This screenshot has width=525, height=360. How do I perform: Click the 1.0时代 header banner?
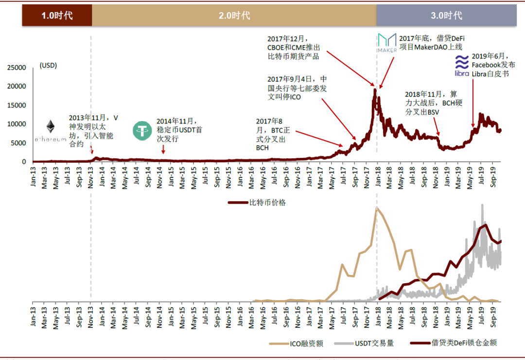57,16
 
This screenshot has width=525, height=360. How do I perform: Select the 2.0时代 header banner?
234,16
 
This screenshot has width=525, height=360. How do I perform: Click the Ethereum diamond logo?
51,127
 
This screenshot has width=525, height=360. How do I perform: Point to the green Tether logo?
143,131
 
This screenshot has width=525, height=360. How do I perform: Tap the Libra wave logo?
461,66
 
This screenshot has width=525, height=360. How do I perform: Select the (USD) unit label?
48,66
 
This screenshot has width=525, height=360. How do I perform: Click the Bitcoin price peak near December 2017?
375,89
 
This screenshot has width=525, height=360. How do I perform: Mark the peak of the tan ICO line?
376,208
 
